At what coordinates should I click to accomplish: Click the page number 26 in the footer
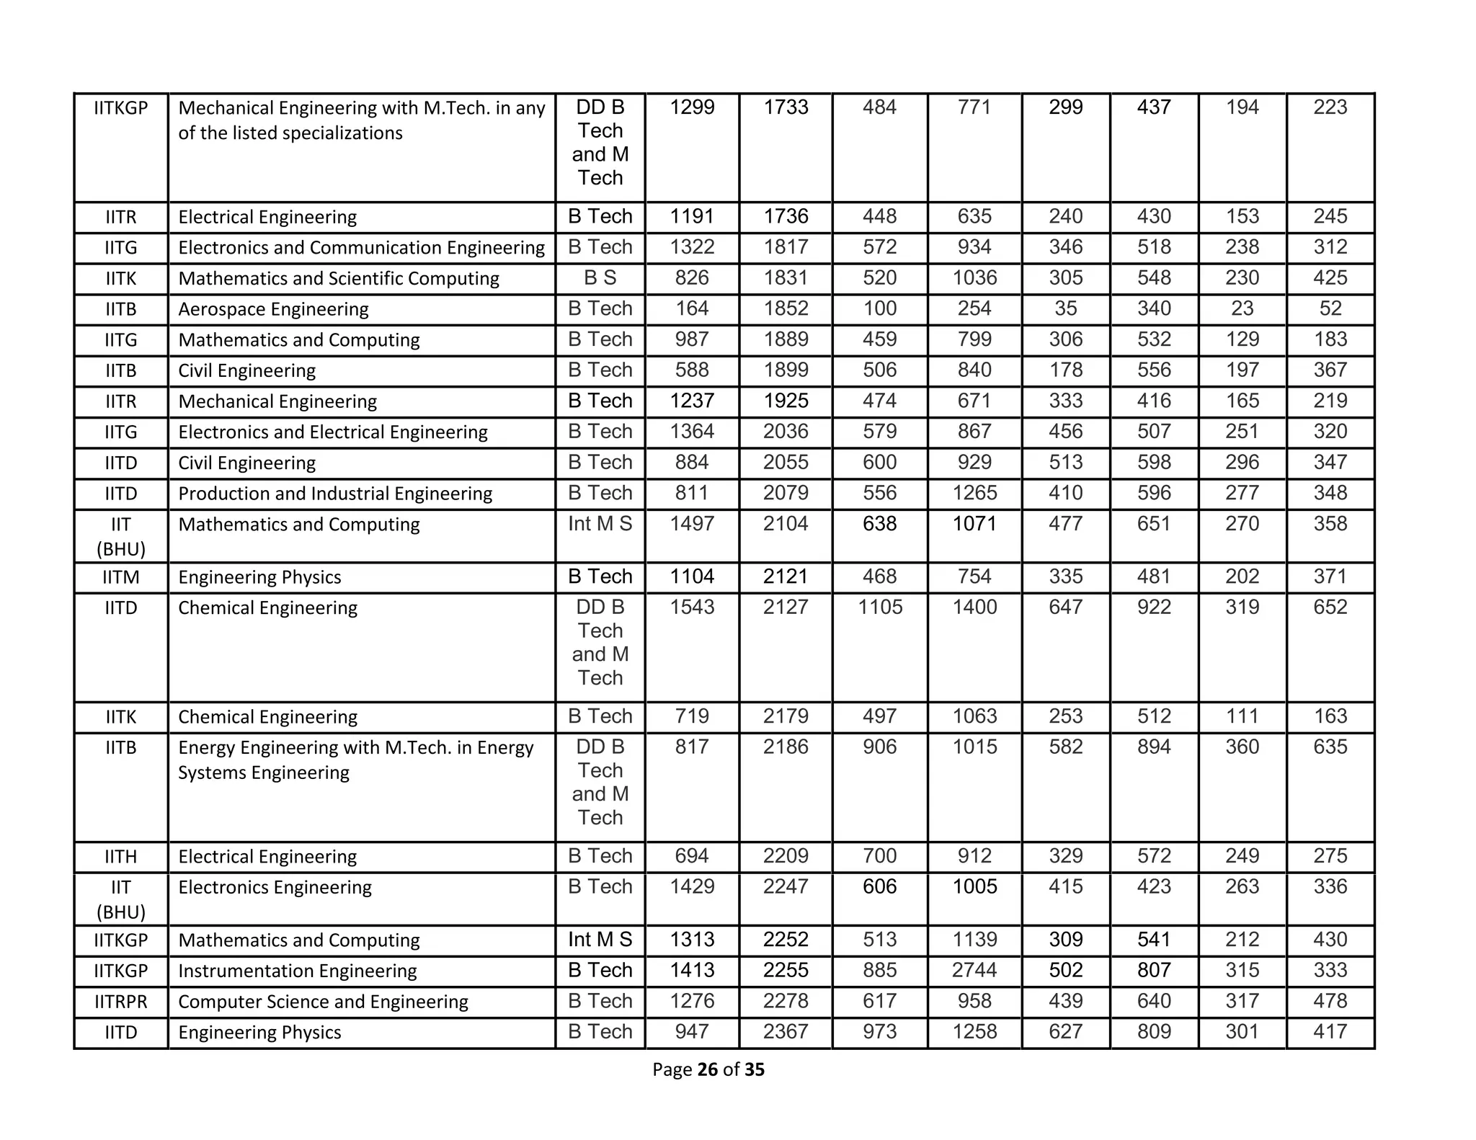[708, 1069]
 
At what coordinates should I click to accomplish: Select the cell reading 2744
[974, 970]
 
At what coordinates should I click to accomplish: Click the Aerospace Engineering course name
[273, 309]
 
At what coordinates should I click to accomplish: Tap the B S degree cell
[600, 278]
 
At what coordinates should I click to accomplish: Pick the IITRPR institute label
[120, 1002]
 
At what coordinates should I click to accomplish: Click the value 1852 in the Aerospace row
[786, 308]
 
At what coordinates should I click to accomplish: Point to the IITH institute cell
[120, 857]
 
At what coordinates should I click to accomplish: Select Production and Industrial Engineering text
[335, 494]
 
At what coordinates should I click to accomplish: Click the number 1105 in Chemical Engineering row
[880, 607]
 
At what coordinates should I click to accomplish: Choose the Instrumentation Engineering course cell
[297, 971]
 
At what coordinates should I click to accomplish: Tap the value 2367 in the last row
[786, 1032]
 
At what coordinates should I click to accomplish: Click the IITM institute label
[120, 577]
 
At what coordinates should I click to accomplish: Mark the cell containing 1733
[786, 107]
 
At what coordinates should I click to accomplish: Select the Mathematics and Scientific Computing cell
[339, 278]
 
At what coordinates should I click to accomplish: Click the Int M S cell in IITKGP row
[600, 940]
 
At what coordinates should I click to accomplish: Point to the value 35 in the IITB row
[1065, 308]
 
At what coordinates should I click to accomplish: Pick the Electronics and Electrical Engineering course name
[333, 432]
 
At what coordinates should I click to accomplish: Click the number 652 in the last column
[1330, 607]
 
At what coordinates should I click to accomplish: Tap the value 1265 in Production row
[974, 493]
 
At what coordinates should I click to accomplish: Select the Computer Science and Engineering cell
[323, 1002]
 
